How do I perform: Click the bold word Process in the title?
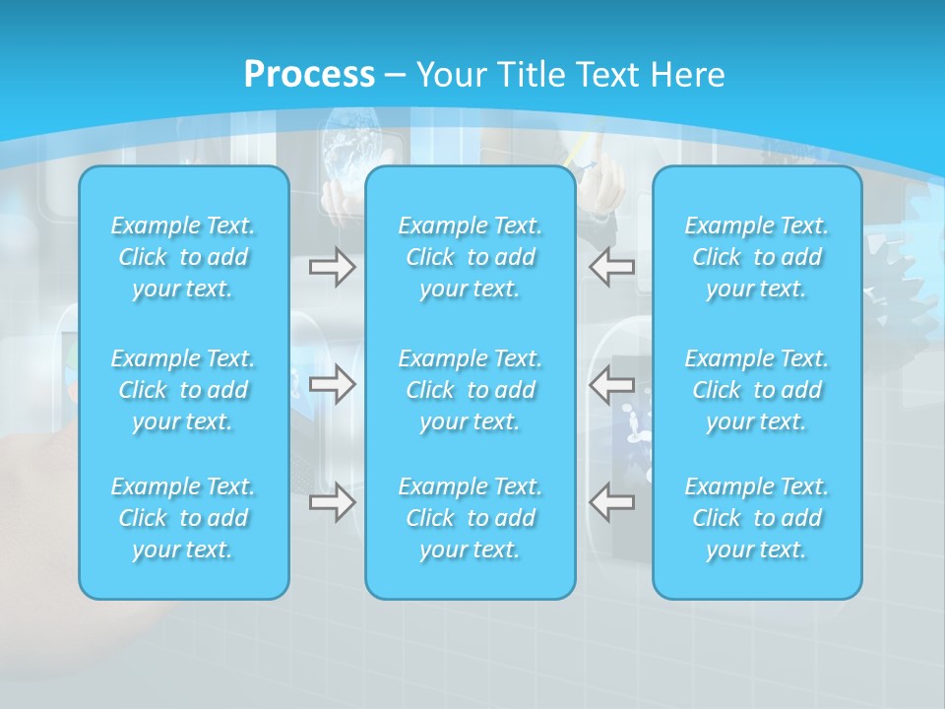[309, 75]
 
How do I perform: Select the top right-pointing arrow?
[333, 267]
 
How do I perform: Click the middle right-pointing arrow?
[333, 384]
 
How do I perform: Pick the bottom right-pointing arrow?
[333, 502]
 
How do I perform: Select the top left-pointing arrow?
[611, 267]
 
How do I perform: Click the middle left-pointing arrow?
[611, 384]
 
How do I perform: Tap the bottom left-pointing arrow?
[611, 502]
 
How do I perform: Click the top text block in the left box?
[183, 257]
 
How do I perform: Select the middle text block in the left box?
[183, 390]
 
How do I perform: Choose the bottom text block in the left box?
[183, 518]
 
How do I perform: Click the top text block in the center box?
[471, 257]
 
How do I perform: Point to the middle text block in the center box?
[471, 390]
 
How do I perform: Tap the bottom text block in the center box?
[471, 518]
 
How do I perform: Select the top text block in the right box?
[757, 257]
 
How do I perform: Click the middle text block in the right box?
[757, 390]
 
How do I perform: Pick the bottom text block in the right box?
[757, 518]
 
